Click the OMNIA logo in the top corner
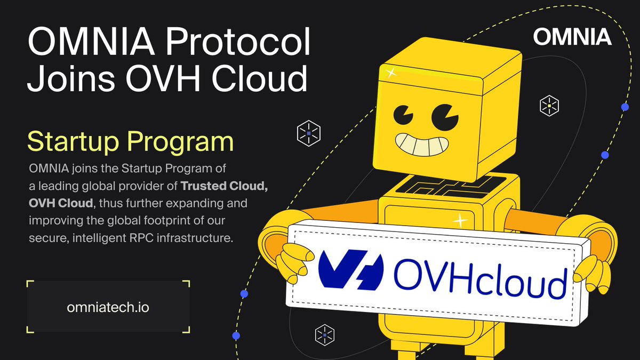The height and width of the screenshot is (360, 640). pyautogui.click(x=572, y=37)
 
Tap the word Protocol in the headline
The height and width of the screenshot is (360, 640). pyautogui.click(x=238, y=42)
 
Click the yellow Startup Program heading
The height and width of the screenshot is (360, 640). pyautogui.click(x=131, y=141)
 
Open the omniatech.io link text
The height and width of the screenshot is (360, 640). pyautogui.click(x=108, y=307)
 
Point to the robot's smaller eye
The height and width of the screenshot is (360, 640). pyautogui.click(x=403, y=115)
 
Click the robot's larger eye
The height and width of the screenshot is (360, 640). pyautogui.click(x=445, y=117)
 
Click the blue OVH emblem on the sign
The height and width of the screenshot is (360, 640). pyautogui.click(x=351, y=270)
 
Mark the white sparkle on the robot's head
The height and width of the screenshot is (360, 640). pyautogui.click(x=391, y=73)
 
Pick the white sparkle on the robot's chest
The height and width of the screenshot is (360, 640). pyautogui.click(x=460, y=221)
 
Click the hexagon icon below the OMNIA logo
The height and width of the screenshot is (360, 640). pyautogui.click(x=549, y=106)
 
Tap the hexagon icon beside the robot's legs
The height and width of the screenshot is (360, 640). pyautogui.click(x=325, y=335)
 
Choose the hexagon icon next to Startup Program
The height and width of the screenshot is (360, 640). pyautogui.click(x=309, y=133)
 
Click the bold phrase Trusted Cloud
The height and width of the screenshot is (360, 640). pyautogui.click(x=225, y=186)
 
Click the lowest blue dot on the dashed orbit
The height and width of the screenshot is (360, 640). pyautogui.click(x=236, y=335)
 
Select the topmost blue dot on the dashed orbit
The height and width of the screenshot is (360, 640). pyautogui.click(x=625, y=107)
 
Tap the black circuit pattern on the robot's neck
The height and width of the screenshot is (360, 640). pyautogui.click(x=451, y=187)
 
